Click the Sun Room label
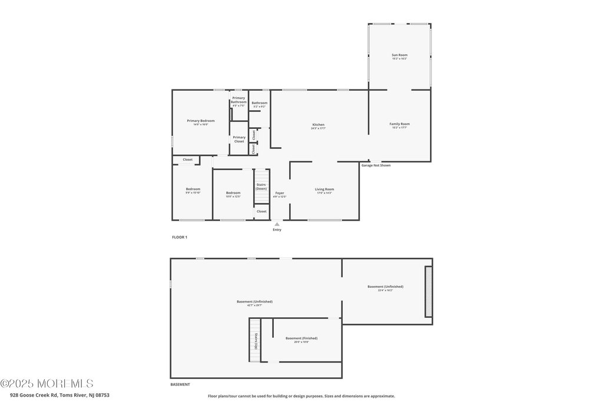pyautogui.click(x=399, y=55)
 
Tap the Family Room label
pyautogui.click(x=399, y=124)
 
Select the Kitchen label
pyautogui.click(x=318, y=125)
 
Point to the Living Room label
pyautogui.click(x=324, y=189)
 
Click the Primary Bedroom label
pyautogui.click(x=201, y=121)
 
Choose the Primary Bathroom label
pyautogui.click(x=238, y=100)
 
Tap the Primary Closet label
pyautogui.click(x=238, y=139)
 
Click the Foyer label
pyautogui.click(x=280, y=193)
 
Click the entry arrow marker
pyautogui.click(x=277, y=224)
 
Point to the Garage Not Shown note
pyautogui.click(x=376, y=165)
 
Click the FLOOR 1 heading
pyautogui.click(x=179, y=237)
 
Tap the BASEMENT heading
pyautogui.click(x=180, y=384)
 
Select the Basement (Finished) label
pyautogui.click(x=301, y=338)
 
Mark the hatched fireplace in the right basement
pyautogui.click(x=428, y=291)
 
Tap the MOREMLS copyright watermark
pyautogui.click(x=47, y=384)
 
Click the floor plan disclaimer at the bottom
pyautogui.click(x=301, y=396)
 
